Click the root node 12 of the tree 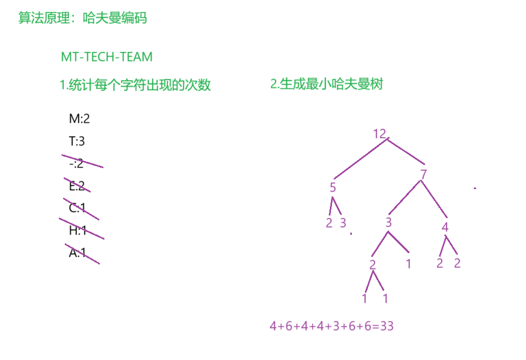379,134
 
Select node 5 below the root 333,188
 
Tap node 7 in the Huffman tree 423,174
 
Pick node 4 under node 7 445,227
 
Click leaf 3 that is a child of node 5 343,223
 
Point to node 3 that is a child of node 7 388,222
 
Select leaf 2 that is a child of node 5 329,223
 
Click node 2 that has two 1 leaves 373,264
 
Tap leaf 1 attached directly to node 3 408,264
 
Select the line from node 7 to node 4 434,199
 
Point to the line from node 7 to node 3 404,198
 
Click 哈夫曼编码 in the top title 115,18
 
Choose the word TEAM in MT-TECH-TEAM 138,57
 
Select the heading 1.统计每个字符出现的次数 135,85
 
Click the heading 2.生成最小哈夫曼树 327,84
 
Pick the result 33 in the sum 387,326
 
